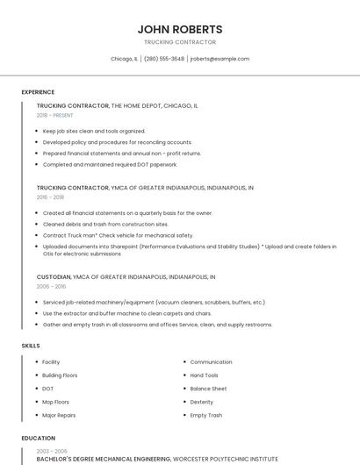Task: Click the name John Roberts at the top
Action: [179, 29]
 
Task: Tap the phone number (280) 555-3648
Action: [164, 59]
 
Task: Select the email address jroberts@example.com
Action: [220, 59]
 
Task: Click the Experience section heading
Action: [38, 92]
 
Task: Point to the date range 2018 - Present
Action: [55, 115]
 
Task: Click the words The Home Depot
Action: [136, 105]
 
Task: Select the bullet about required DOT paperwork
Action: [110, 164]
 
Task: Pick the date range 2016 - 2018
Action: [50, 197]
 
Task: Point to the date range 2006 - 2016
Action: [51, 286]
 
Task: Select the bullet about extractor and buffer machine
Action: [127, 313]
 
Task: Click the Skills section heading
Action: [31, 346]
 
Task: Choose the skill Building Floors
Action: [60, 375]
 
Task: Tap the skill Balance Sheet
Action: [208, 388]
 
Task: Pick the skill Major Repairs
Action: [59, 415]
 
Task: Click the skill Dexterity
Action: [202, 402]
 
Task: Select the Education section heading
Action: [38, 438]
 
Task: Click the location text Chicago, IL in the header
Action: [124, 59]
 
